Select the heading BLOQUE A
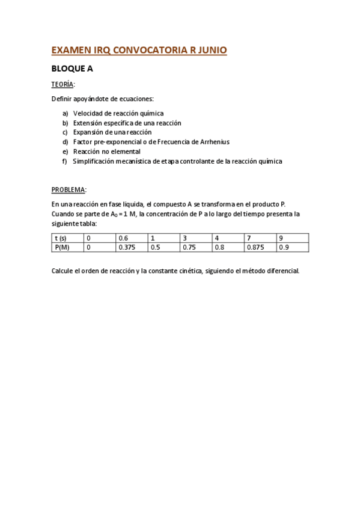(72, 69)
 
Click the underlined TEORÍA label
(63, 84)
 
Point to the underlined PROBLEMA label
(69, 189)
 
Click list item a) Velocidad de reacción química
(118, 113)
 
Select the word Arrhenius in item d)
(212, 142)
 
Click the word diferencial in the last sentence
(279, 271)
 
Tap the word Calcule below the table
(63, 271)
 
